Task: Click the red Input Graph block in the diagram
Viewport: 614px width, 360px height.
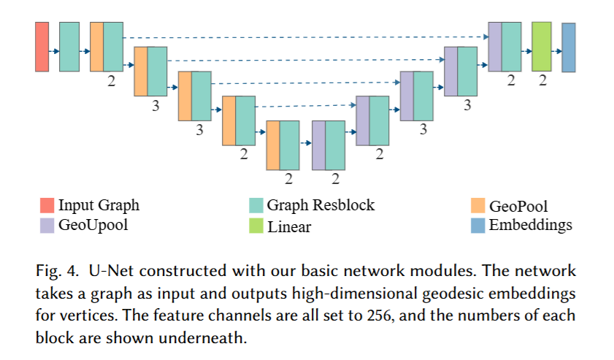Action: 42,46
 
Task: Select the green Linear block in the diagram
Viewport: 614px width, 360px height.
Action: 541,46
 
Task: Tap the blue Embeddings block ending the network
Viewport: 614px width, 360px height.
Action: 569,47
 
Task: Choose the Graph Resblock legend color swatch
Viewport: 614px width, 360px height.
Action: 255,205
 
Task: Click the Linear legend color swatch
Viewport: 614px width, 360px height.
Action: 255,226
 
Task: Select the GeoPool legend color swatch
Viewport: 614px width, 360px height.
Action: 479,205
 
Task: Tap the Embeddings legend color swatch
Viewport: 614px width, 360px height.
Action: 479,224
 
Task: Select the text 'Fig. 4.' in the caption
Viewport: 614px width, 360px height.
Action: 53,272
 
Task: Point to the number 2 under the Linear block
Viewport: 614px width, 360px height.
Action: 542,82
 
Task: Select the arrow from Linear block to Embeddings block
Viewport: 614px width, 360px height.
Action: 556,51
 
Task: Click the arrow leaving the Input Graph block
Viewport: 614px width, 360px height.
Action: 54,51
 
